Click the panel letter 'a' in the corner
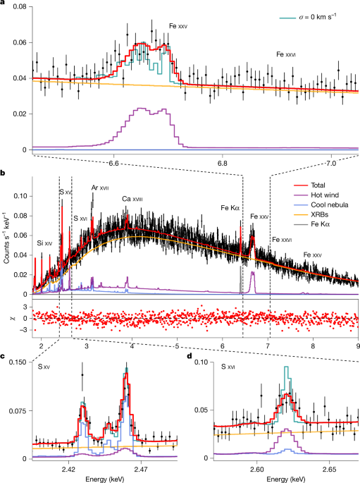(4, 4)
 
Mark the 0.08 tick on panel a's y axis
(15, 7)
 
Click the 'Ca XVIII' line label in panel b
(132, 200)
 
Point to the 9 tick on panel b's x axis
(358, 345)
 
